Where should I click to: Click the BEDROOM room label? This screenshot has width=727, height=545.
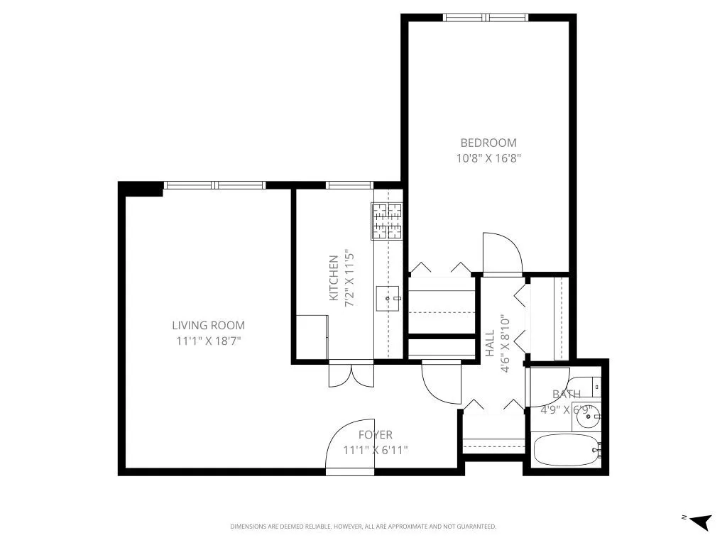tap(488, 143)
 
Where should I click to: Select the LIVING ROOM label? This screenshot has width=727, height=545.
tap(208, 326)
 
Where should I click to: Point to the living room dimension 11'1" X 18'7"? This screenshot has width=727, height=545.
tap(208, 341)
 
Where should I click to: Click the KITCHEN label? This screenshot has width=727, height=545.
tap(333, 278)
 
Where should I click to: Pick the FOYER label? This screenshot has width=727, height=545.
tap(375, 435)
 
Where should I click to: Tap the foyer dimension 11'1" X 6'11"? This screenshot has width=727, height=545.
tap(375, 450)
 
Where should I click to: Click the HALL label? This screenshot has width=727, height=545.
tap(490, 344)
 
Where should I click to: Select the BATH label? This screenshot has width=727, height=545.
tap(567, 394)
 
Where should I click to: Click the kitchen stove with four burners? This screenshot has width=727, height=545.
tap(387, 221)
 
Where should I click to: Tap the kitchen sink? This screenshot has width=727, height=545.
tap(388, 299)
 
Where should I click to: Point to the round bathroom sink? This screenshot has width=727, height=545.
tap(587, 418)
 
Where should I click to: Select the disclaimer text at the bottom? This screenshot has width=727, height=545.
tap(363, 527)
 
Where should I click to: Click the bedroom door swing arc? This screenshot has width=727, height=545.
tap(501, 252)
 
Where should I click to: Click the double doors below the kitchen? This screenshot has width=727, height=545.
tap(351, 375)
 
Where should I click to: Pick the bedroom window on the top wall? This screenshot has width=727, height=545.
tap(486, 18)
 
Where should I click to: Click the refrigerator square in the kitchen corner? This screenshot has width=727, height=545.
tap(311, 338)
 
